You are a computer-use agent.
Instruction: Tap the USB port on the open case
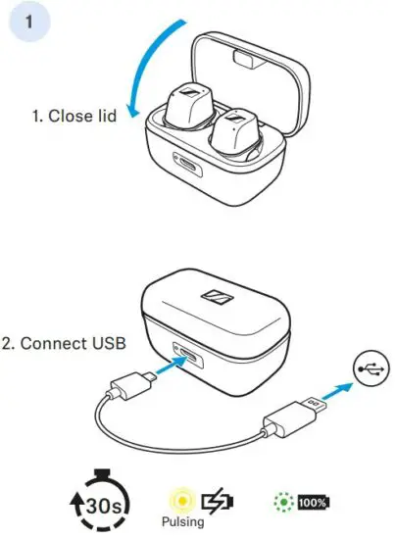click(x=187, y=165)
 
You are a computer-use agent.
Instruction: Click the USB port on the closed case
click(x=183, y=350)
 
